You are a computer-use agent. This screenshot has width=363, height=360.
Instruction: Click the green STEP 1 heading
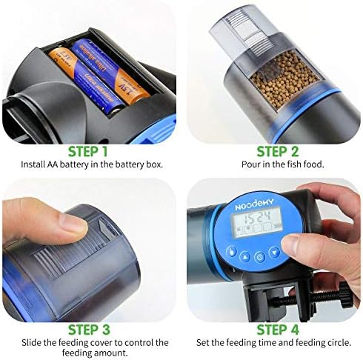pyautogui.click(x=88, y=152)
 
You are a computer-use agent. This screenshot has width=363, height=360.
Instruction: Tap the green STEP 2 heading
pyautogui.click(x=278, y=152)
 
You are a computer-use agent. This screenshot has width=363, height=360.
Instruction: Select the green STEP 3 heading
pyautogui.click(x=89, y=330)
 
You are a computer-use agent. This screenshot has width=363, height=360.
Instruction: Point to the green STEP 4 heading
pyautogui.click(x=278, y=330)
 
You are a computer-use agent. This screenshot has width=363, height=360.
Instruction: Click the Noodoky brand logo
pyautogui.click(x=254, y=204)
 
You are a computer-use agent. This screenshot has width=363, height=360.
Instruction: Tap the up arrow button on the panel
pyautogui.click(x=244, y=257)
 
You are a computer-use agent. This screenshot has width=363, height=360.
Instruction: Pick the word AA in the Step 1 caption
pyautogui.click(x=53, y=164)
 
